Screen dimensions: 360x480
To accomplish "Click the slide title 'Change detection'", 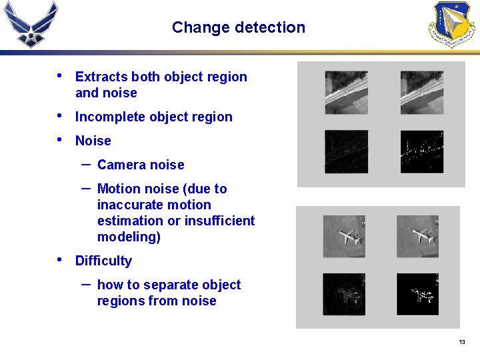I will tap(238, 27).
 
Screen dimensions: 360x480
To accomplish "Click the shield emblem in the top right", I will tap(451, 24).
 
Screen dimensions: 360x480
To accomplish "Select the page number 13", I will tap(461, 342).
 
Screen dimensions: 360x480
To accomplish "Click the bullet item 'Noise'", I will tap(93, 141).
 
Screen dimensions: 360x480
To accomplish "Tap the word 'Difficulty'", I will tap(103, 261).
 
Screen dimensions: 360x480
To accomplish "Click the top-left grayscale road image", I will tap(346, 93).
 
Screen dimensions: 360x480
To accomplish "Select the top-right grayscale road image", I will tap(421, 93).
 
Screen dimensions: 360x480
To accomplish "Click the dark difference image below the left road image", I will tap(346, 151).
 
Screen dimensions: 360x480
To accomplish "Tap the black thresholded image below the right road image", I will tap(421, 151).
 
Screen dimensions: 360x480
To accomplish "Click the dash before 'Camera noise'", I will tap(86, 163).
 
